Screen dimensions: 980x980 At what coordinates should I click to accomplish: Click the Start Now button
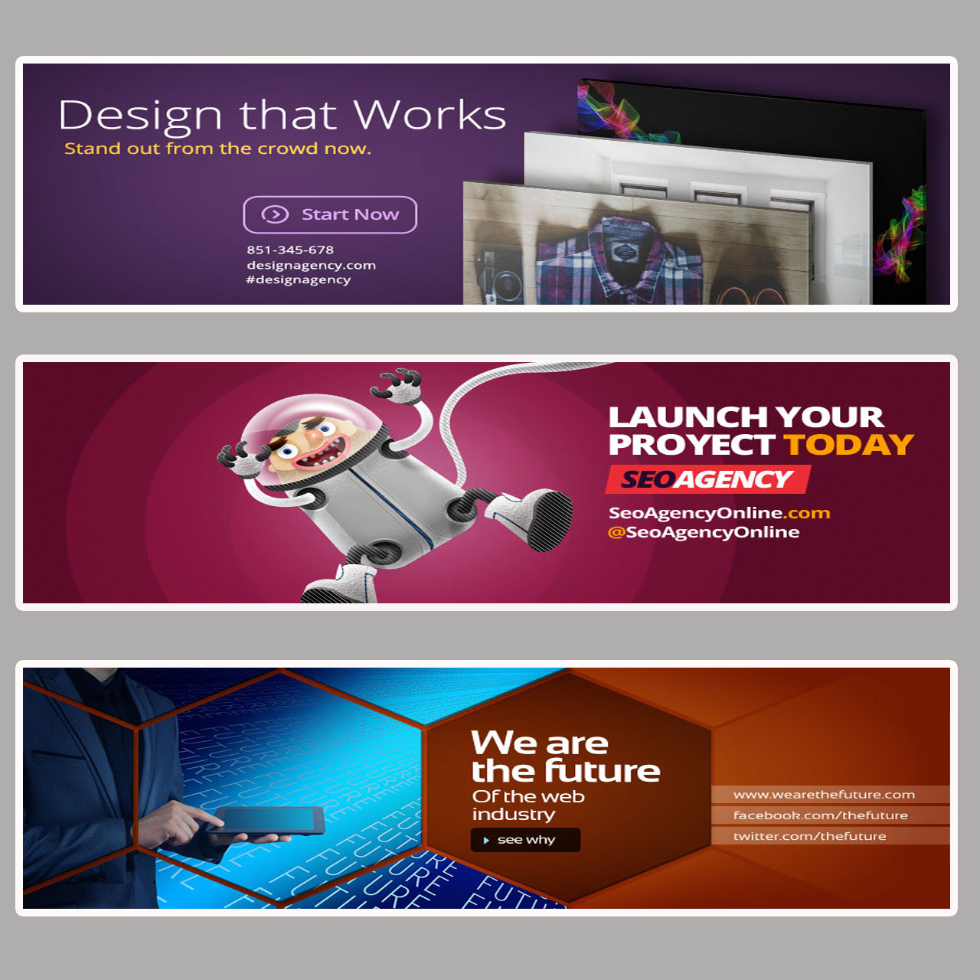(330, 214)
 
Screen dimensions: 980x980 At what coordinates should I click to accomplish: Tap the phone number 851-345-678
(290, 250)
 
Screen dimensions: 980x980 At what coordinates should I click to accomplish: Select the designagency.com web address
(311, 265)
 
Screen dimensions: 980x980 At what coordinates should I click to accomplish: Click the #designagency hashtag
(299, 279)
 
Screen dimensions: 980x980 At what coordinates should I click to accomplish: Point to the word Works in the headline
(430, 115)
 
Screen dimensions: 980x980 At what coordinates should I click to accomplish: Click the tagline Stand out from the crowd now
(217, 149)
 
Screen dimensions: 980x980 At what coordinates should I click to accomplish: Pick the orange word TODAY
(848, 445)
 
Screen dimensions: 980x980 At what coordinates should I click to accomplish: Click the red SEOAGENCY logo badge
(707, 479)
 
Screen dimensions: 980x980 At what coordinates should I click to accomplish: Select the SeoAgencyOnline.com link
(719, 513)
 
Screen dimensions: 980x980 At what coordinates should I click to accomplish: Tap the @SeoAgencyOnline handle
(704, 532)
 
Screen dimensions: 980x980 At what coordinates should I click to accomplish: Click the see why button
(525, 840)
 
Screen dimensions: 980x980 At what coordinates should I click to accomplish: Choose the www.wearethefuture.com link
(824, 795)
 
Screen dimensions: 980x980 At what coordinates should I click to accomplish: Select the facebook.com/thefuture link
(820, 815)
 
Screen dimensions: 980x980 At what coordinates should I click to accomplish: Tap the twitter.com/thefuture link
(809, 836)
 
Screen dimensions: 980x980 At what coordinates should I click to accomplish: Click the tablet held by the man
(268, 821)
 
